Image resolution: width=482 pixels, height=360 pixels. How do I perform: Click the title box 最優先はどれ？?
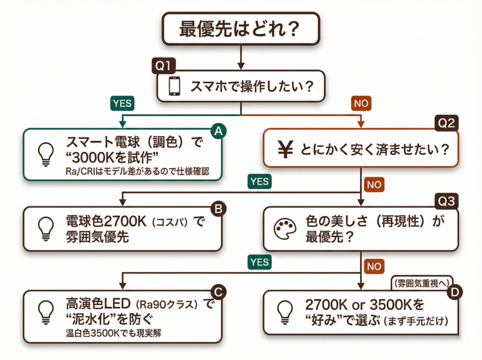tap(240, 29)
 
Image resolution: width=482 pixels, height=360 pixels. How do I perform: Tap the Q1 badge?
tap(162, 66)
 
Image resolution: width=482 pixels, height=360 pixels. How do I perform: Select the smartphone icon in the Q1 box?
tap(174, 86)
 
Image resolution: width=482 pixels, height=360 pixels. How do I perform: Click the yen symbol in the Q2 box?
tap(283, 150)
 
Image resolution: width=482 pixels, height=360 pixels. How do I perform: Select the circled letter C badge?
tap(217, 292)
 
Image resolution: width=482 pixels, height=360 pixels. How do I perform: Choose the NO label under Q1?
tap(361, 103)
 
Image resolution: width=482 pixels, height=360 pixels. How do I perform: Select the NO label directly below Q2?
tap(374, 184)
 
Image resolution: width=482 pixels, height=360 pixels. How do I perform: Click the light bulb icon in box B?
tap(45, 228)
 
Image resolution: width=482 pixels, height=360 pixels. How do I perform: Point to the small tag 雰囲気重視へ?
tap(421, 283)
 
